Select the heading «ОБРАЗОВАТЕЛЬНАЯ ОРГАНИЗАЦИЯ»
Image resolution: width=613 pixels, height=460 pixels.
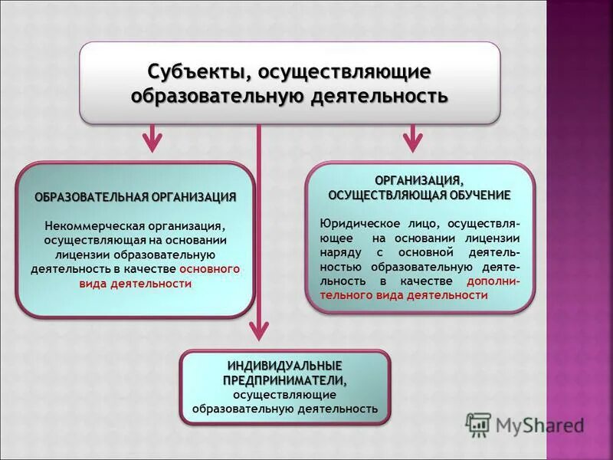tap(136, 197)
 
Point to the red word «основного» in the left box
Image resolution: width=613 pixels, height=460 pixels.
tap(210, 269)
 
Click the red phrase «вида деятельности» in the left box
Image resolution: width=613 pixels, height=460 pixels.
tap(136, 283)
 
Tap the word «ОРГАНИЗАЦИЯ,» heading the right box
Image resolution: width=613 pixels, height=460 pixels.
tap(419, 180)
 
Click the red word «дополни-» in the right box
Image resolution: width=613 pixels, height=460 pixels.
tap(493, 281)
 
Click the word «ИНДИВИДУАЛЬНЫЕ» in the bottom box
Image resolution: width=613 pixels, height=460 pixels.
tap(284, 366)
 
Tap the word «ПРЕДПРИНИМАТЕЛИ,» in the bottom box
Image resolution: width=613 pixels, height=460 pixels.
tap(284, 379)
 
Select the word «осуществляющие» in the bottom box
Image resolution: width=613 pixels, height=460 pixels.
tap(284, 394)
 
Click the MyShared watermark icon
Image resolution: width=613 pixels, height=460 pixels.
tap(478, 424)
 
